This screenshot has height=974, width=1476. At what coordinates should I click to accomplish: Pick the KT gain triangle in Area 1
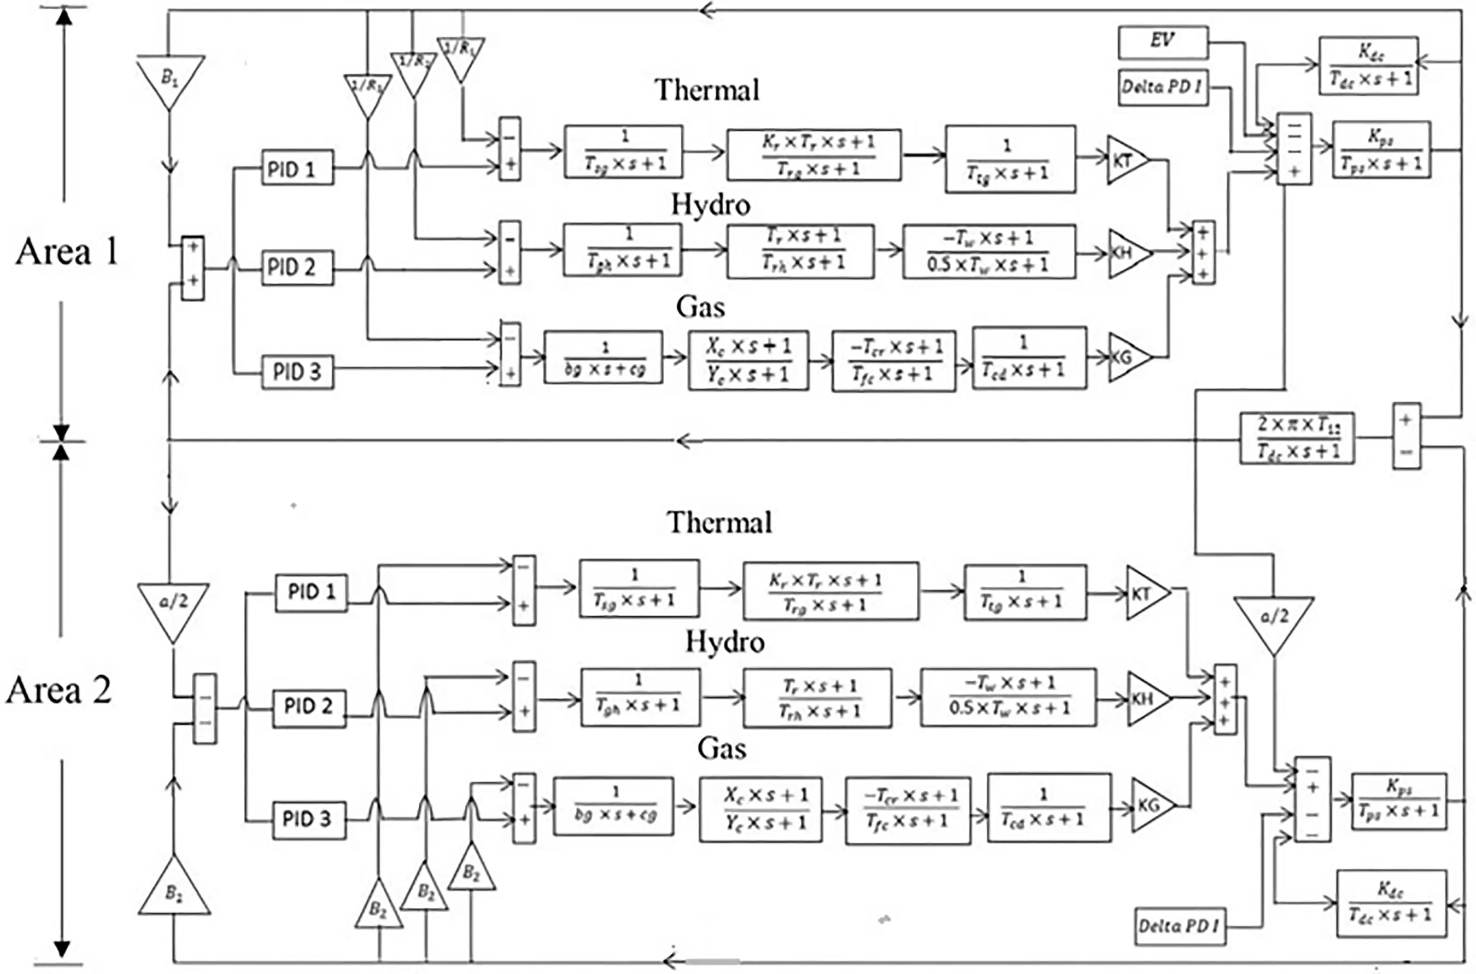pos(1124,160)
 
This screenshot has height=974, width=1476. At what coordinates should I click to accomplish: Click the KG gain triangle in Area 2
pos(1151,806)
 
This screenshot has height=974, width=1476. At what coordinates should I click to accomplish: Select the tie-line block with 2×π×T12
pos(1297,439)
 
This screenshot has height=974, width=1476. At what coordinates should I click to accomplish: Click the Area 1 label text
pos(67,252)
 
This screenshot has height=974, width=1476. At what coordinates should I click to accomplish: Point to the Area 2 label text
pos(59,690)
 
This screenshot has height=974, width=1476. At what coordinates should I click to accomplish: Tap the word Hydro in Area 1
pos(710,205)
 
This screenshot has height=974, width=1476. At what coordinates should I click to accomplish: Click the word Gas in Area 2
pos(721,748)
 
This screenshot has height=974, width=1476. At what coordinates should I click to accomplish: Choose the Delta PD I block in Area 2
pos(1179,927)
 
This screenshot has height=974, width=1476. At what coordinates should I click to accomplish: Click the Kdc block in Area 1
pos(1368,66)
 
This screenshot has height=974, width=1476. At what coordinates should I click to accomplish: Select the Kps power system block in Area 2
pos(1398,801)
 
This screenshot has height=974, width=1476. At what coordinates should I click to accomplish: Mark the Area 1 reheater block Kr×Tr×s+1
pos(813,155)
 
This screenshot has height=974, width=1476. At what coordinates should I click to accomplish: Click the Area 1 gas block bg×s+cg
pos(603,357)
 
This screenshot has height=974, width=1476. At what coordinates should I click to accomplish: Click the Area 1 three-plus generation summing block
pos(1203,253)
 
